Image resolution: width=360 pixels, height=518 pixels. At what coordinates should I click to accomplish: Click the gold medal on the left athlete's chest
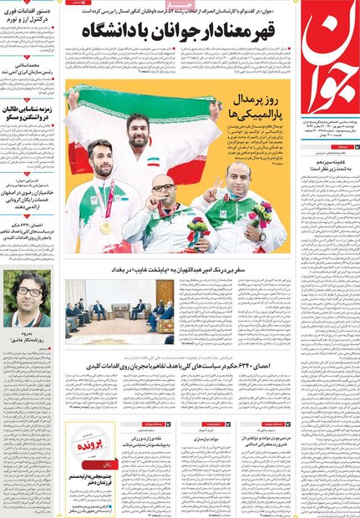[106, 227]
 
